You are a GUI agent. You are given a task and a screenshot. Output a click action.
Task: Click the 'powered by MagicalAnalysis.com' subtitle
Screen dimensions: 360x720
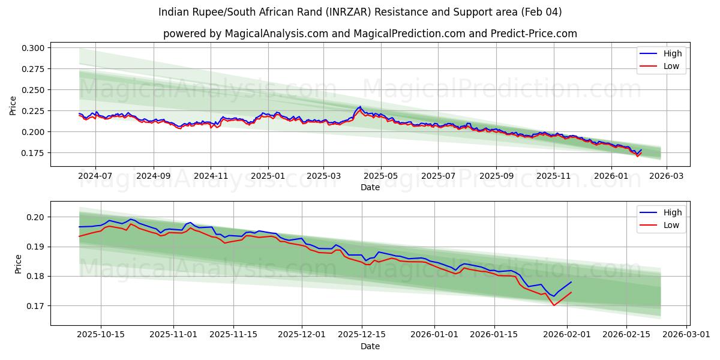[x=370, y=34]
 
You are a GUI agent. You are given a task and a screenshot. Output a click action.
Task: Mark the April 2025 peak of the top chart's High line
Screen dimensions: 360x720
[x=360, y=107]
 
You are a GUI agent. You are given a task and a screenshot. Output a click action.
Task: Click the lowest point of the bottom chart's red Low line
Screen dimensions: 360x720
[x=554, y=305]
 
